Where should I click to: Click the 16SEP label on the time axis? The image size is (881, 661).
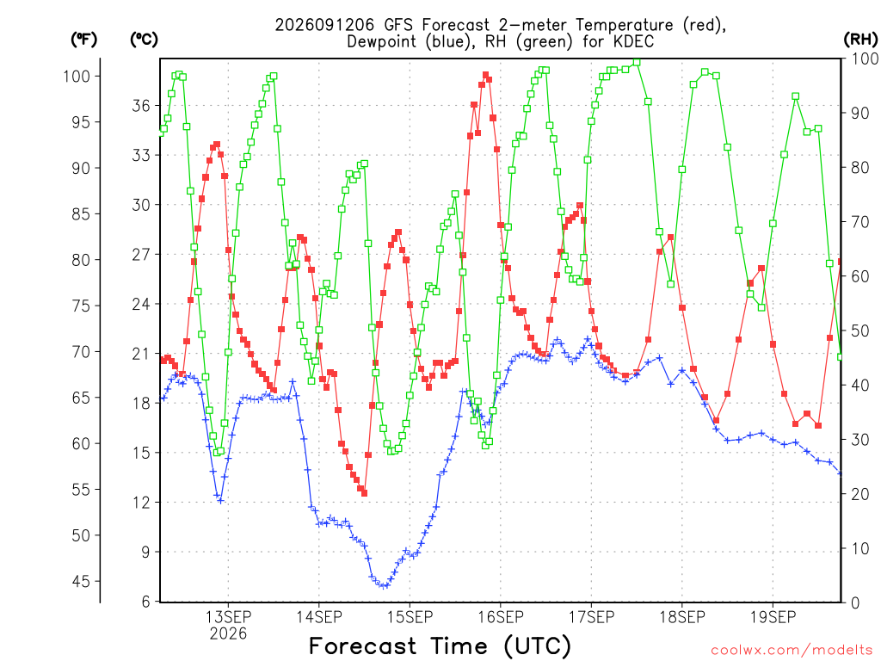(501, 617)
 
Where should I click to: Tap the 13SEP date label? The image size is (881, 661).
(228, 617)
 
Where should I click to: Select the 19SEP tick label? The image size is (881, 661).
(773, 617)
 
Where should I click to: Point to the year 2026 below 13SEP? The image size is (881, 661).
(228, 634)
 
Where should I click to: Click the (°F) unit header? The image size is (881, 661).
(83, 40)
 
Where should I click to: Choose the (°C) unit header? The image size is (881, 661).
(144, 40)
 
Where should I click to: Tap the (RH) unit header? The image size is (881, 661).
(860, 40)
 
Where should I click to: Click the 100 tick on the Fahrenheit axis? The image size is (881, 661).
(77, 76)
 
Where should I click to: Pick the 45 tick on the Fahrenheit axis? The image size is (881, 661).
(81, 581)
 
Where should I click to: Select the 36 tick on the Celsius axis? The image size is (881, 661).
(141, 106)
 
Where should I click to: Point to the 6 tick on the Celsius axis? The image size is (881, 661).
(146, 602)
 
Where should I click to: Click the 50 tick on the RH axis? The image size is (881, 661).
(860, 330)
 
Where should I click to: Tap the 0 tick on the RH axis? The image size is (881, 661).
(855, 603)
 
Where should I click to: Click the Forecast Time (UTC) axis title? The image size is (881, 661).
(440, 646)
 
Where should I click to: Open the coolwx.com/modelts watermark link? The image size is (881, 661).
(792, 651)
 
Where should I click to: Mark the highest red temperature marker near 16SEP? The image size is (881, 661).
(485, 75)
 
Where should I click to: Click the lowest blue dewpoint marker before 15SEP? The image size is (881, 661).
(384, 585)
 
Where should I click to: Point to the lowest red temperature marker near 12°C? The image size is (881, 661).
(364, 493)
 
